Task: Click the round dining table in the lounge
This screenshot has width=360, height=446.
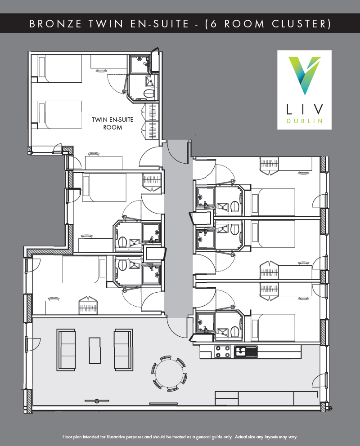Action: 169,373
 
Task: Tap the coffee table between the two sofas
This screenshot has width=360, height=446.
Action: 95,350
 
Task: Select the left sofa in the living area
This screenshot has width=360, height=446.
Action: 66,350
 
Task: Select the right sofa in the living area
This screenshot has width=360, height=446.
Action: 123,350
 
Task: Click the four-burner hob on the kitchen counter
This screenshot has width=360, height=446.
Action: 223,351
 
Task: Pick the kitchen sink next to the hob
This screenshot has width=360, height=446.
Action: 246,351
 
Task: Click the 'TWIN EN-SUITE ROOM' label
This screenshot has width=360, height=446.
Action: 112,124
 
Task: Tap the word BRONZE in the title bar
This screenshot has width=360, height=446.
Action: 55,24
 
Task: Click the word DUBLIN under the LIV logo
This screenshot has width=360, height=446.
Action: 305,121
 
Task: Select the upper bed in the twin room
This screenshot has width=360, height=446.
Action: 59,69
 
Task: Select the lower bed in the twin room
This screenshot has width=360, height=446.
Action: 59,115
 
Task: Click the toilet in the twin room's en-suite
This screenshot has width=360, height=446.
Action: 148,93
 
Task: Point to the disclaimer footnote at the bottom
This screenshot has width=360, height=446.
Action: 180,437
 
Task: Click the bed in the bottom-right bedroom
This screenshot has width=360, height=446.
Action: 273,328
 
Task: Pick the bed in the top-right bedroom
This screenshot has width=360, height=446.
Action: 273,202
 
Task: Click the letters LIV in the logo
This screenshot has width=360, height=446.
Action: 305,109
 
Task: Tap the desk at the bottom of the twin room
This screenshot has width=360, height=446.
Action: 103,163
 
